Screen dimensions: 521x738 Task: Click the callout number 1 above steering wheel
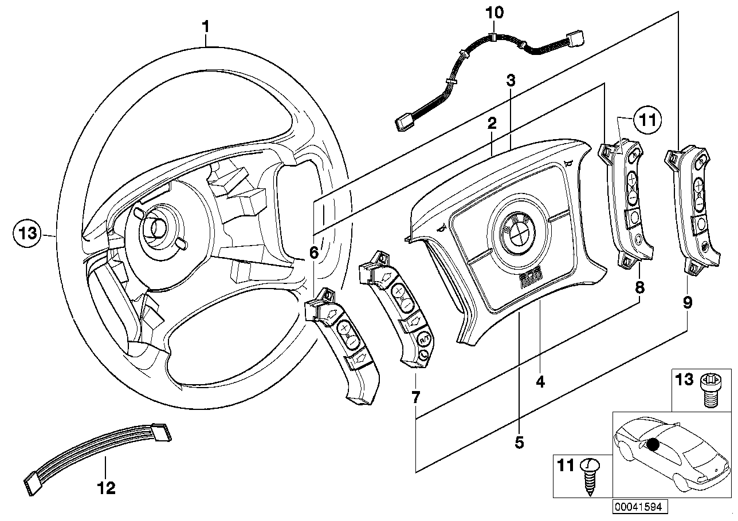pos(206,26)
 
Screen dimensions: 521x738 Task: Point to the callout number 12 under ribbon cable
pos(107,488)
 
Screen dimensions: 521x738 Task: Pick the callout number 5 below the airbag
pos(519,442)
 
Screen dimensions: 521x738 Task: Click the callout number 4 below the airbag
pos(540,381)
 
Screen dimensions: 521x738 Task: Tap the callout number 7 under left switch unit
pos(415,396)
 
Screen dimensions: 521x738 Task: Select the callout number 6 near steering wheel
pos(313,251)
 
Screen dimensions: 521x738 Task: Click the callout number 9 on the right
pos(687,302)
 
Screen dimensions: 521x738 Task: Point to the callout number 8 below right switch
pos(639,287)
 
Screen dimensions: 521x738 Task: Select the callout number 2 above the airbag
pos(491,123)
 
